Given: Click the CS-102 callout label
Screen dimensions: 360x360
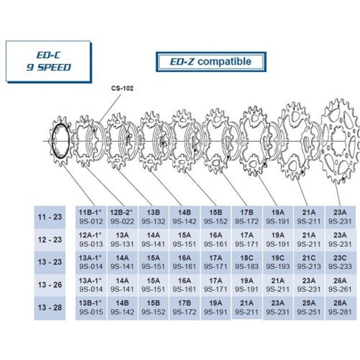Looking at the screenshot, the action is pyautogui.click(x=122, y=88).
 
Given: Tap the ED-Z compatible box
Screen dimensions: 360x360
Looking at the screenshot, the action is pyautogui.click(x=211, y=62).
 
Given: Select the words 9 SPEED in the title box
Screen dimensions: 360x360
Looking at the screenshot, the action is pyautogui.click(x=49, y=67).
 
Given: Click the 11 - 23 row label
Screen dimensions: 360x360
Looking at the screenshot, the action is pyautogui.click(x=50, y=217).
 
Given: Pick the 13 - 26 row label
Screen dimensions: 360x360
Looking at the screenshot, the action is pyautogui.click(x=50, y=285).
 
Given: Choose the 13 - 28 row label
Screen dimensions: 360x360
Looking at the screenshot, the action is pyautogui.click(x=50, y=308).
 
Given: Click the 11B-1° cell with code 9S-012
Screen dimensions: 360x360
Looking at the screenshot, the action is pyautogui.click(x=91, y=217).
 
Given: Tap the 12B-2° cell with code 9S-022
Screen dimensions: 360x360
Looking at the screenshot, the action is pyautogui.click(x=122, y=217).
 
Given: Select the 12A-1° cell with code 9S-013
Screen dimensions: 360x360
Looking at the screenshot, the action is pyautogui.click(x=91, y=240).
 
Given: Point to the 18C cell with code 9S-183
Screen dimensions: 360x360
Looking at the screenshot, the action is pyautogui.click(x=247, y=262).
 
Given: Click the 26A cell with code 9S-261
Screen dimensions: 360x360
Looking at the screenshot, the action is pyautogui.click(x=340, y=285).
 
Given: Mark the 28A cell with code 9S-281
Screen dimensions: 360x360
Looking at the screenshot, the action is pyautogui.click(x=340, y=308).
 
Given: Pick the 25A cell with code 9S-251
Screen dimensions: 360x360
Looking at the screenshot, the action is pyautogui.click(x=309, y=308).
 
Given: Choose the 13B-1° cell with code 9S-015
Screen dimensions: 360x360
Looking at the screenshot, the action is pyautogui.click(x=91, y=308).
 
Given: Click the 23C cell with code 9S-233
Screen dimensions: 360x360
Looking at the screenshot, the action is pyautogui.click(x=340, y=262).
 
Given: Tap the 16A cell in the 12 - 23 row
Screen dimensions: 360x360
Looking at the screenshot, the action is pyautogui.click(x=216, y=240).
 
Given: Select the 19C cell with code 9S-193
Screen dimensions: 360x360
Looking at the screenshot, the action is pyautogui.click(x=278, y=262).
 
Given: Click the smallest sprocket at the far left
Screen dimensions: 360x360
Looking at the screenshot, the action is pyautogui.click(x=60, y=141).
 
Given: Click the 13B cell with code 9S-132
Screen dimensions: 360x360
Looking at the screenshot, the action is pyautogui.click(x=153, y=217).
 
